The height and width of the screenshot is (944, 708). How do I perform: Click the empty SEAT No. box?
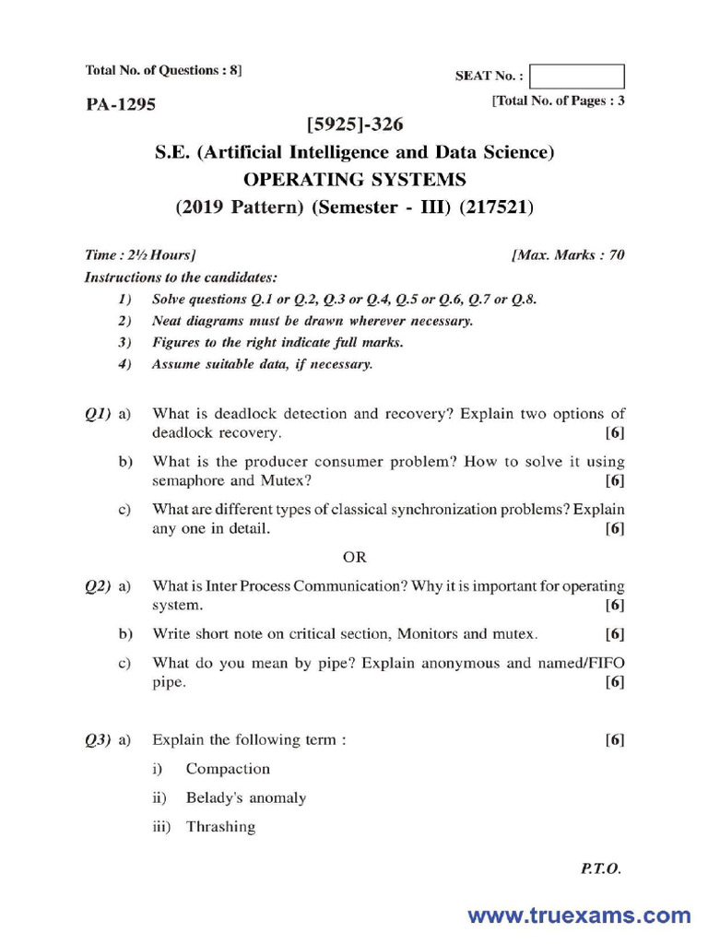point(578,77)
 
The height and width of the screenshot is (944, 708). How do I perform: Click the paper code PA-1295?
point(121,104)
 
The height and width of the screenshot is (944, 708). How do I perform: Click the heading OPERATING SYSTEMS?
point(354,179)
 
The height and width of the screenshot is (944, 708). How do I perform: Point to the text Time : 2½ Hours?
point(139,255)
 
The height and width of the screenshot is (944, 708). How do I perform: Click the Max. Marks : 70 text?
point(568,255)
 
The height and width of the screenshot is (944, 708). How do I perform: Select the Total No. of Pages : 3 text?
point(560,101)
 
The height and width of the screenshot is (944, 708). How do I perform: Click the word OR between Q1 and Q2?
point(355,557)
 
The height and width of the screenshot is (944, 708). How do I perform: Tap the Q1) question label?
point(98,414)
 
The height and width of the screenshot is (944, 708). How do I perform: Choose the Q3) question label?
point(98,739)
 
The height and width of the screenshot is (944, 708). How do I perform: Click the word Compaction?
point(228,769)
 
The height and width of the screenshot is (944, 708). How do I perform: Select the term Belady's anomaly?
point(246,797)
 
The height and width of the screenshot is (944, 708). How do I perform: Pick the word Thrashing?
point(220,827)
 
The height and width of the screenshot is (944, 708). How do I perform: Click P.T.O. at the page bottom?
point(601,868)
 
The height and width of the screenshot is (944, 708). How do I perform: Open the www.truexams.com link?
point(579,915)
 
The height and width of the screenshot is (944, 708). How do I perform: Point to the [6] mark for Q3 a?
point(615,739)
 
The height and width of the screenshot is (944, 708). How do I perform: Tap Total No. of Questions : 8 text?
point(164,70)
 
